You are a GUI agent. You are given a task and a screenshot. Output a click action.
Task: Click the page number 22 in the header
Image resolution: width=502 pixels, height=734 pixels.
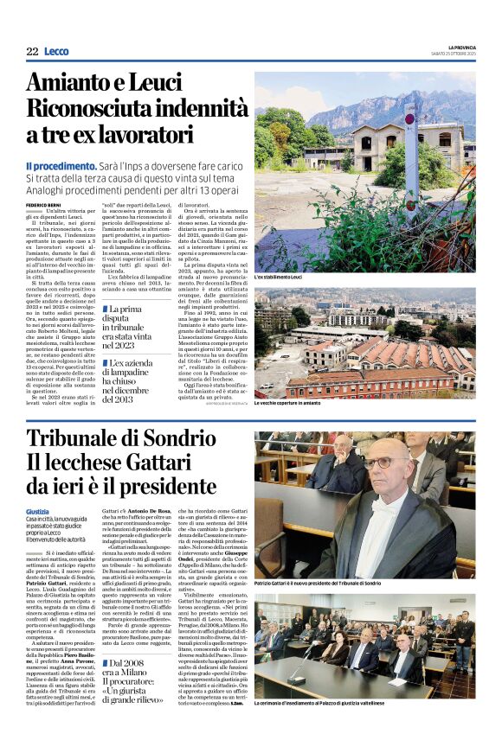pos(32,52)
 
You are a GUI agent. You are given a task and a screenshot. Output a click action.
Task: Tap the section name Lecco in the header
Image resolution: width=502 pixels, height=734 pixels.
pos(56,52)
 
